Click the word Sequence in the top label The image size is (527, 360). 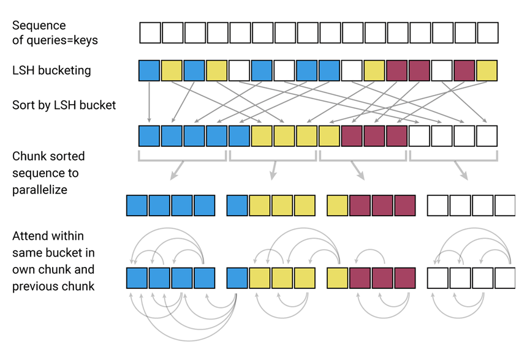tap(39, 26)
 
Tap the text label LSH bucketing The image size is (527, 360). tap(51, 70)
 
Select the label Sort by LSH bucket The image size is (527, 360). tap(64, 105)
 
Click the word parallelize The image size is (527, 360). tap(40, 190)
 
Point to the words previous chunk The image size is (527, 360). tap(53, 286)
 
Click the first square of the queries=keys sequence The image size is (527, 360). tap(150, 32)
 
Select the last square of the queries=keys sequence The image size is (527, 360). tap(488, 32)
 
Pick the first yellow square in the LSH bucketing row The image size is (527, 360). tap(172, 70)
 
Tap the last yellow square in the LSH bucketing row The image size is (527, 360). tap(487, 70)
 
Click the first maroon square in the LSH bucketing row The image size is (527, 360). tap(396, 70)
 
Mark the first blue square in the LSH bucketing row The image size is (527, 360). tap(150, 70)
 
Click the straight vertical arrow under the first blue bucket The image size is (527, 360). tap(150, 102)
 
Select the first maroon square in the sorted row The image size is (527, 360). tap(352, 136)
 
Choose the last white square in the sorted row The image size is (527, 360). tap(487, 136)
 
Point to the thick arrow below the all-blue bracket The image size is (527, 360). tap(177, 170)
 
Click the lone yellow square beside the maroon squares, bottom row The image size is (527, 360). tap(338, 205)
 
